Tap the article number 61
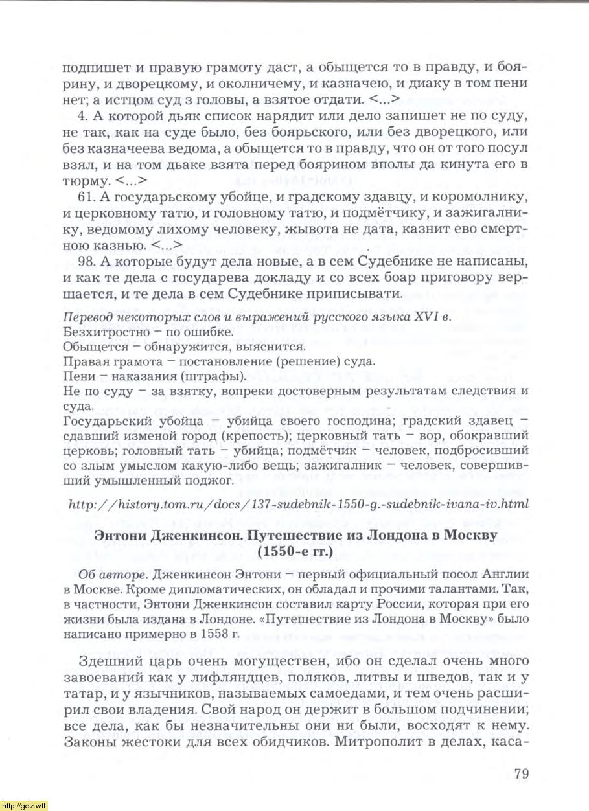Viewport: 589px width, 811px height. pos(86,195)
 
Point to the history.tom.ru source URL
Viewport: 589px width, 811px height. pos(299,503)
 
